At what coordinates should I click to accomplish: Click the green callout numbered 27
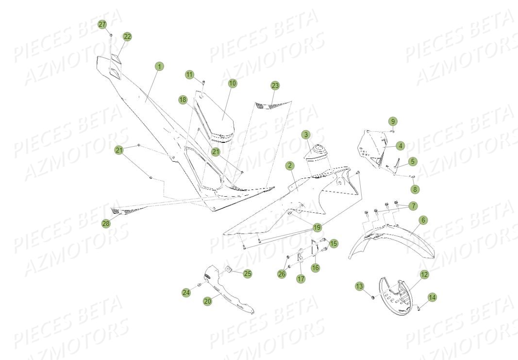tap(102, 24)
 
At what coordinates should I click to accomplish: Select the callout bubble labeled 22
tap(127, 37)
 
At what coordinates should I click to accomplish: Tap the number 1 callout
tap(159, 67)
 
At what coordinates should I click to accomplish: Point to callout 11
tap(189, 74)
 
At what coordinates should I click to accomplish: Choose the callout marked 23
tap(275, 86)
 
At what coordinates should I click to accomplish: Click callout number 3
tap(306, 135)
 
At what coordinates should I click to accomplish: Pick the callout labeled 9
tap(393, 121)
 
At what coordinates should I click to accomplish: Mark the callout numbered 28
tap(106, 224)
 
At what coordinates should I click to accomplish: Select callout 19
tap(317, 227)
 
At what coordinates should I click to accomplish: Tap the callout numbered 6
tap(423, 220)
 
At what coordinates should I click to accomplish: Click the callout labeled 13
tap(360, 286)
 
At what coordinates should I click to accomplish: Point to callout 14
tap(432, 297)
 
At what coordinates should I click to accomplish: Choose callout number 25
tap(248, 274)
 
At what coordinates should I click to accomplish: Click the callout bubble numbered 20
tap(207, 301)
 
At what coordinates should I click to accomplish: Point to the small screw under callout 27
tap(111, 34)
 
